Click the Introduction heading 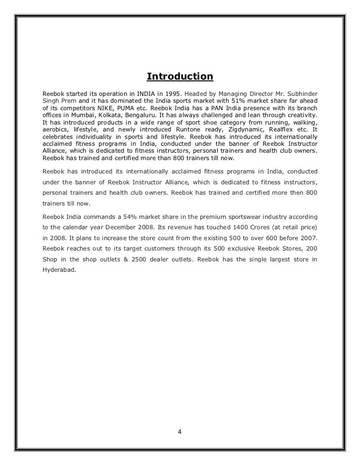pos(180,77)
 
